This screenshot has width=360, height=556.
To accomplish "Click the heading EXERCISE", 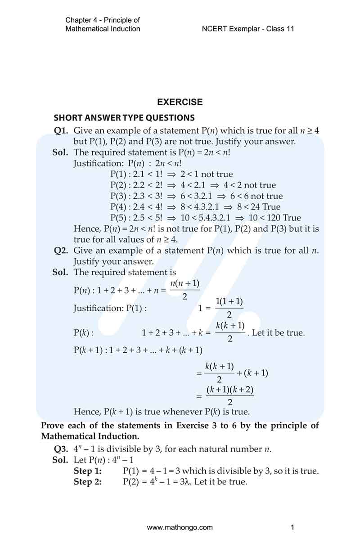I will pyautogui.click(x=180, y=102).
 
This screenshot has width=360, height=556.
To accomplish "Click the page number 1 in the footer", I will pyautogui.click(x=292, y=527).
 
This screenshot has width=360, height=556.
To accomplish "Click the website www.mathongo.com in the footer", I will pyautogui.click(x=180, y=527).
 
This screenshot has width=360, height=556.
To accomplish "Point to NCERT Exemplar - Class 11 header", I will pyautogui.click(x=248, y=29).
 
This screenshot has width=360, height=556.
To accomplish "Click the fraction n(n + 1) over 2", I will pyautogui.click(x=185, y=290).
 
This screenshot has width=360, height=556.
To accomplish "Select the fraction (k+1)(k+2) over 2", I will pyautogui.click(x=230, y=396).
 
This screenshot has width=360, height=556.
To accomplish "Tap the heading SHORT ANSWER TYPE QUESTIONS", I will pyautogui.click(x=124, y=118).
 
